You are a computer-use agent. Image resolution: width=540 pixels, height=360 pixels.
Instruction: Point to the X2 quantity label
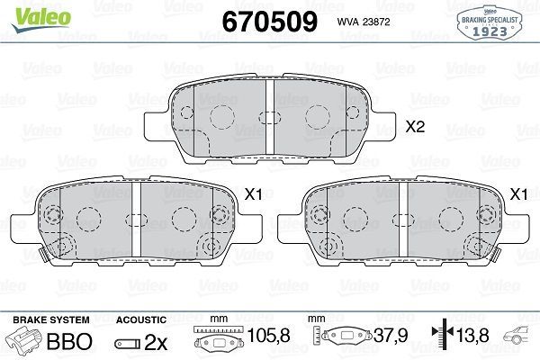(x=415, y=128)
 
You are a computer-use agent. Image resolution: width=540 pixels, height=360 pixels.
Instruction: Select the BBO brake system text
(x=67, y=343)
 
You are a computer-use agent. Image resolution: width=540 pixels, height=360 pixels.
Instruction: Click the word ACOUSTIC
(x=141, y=319)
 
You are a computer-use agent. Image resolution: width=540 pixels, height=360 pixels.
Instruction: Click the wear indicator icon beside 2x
(x=128, y=343)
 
